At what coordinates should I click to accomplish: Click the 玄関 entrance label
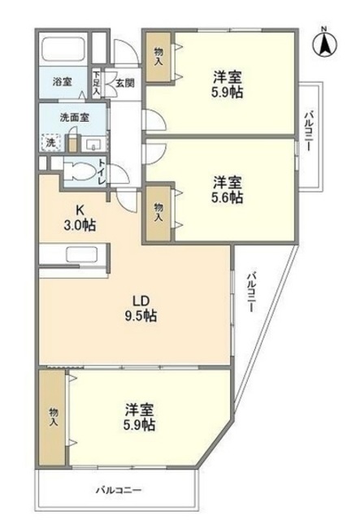coord(124,81)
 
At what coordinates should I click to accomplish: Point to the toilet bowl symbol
coord(79,171)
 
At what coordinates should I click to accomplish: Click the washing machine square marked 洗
coord(51,141)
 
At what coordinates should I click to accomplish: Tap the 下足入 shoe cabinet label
coord(97,84)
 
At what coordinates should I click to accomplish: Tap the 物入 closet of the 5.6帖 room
coord(158,213)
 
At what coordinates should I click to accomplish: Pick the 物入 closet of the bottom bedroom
coord(54,416)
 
